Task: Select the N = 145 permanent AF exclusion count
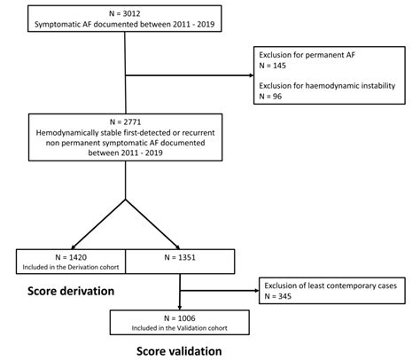(273, 66)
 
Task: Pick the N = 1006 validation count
(180, 315)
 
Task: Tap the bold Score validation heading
(179, 349)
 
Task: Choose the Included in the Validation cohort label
(180, 326)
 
